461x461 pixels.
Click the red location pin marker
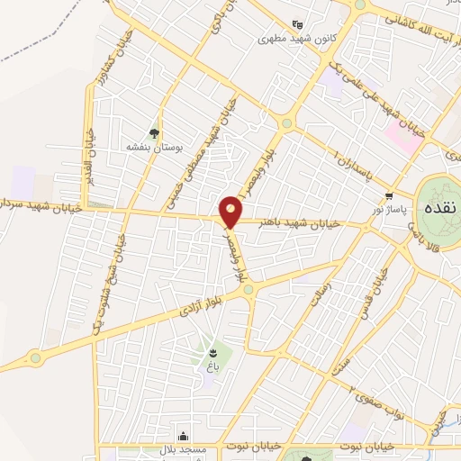230,212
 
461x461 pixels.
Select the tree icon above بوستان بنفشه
158,131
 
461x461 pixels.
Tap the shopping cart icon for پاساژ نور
389,195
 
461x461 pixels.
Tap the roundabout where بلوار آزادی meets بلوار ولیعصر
249,288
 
